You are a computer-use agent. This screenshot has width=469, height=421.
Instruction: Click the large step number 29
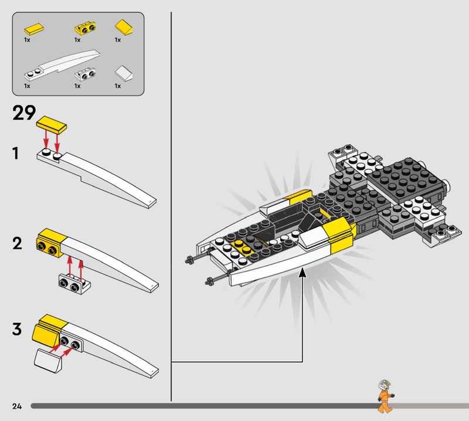click(x=24, y=113)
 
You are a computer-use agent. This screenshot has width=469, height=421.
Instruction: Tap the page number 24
click(x=17, y=406)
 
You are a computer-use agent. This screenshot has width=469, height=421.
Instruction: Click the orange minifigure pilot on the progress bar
click(x=385, y=396)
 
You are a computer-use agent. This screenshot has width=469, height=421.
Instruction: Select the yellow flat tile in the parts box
click(x=34, y=29)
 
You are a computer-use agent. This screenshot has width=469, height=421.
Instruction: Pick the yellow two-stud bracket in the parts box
click(x=85, y=28)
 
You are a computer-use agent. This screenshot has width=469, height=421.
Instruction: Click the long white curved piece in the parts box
click(x=62, y=66)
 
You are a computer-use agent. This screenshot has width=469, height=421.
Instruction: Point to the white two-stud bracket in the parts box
click(x=85, y=74)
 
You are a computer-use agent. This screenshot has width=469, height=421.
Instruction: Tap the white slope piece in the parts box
click(x=124, y=73)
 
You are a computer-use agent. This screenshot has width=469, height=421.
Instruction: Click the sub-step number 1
click(x=16, y=153)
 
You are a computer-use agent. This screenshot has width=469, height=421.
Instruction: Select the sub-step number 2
click(x=17, y=243)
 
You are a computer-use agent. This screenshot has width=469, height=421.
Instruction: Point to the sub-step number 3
click(x=17, y=329)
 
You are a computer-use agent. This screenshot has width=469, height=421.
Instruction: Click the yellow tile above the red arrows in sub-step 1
click(x=52, y=124)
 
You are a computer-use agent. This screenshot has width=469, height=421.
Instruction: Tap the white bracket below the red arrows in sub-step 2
click(x=75, y=284)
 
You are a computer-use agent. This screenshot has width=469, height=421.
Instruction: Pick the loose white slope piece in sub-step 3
click(x=49, y=361)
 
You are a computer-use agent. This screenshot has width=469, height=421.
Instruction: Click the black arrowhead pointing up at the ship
click(x=303, y=271)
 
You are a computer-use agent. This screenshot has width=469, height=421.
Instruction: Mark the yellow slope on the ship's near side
click(x=340, y=236)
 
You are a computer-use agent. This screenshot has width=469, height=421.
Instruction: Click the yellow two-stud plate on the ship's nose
click(x=242, y=247)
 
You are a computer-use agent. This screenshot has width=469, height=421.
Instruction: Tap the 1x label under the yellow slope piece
click(x=118, y=40)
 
